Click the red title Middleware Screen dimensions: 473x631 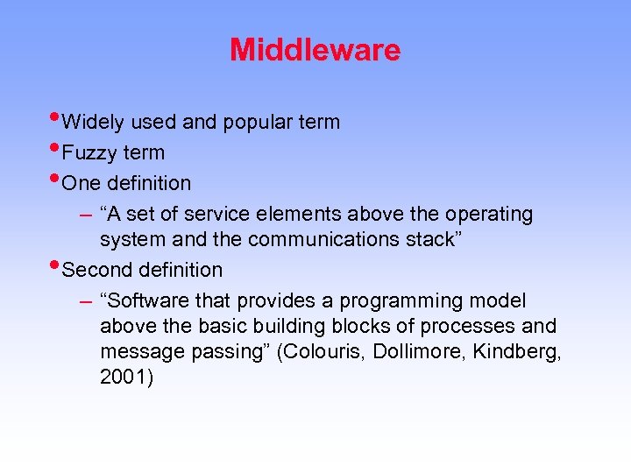coord(315,50)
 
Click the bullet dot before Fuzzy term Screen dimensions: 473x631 coord(55,148)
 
